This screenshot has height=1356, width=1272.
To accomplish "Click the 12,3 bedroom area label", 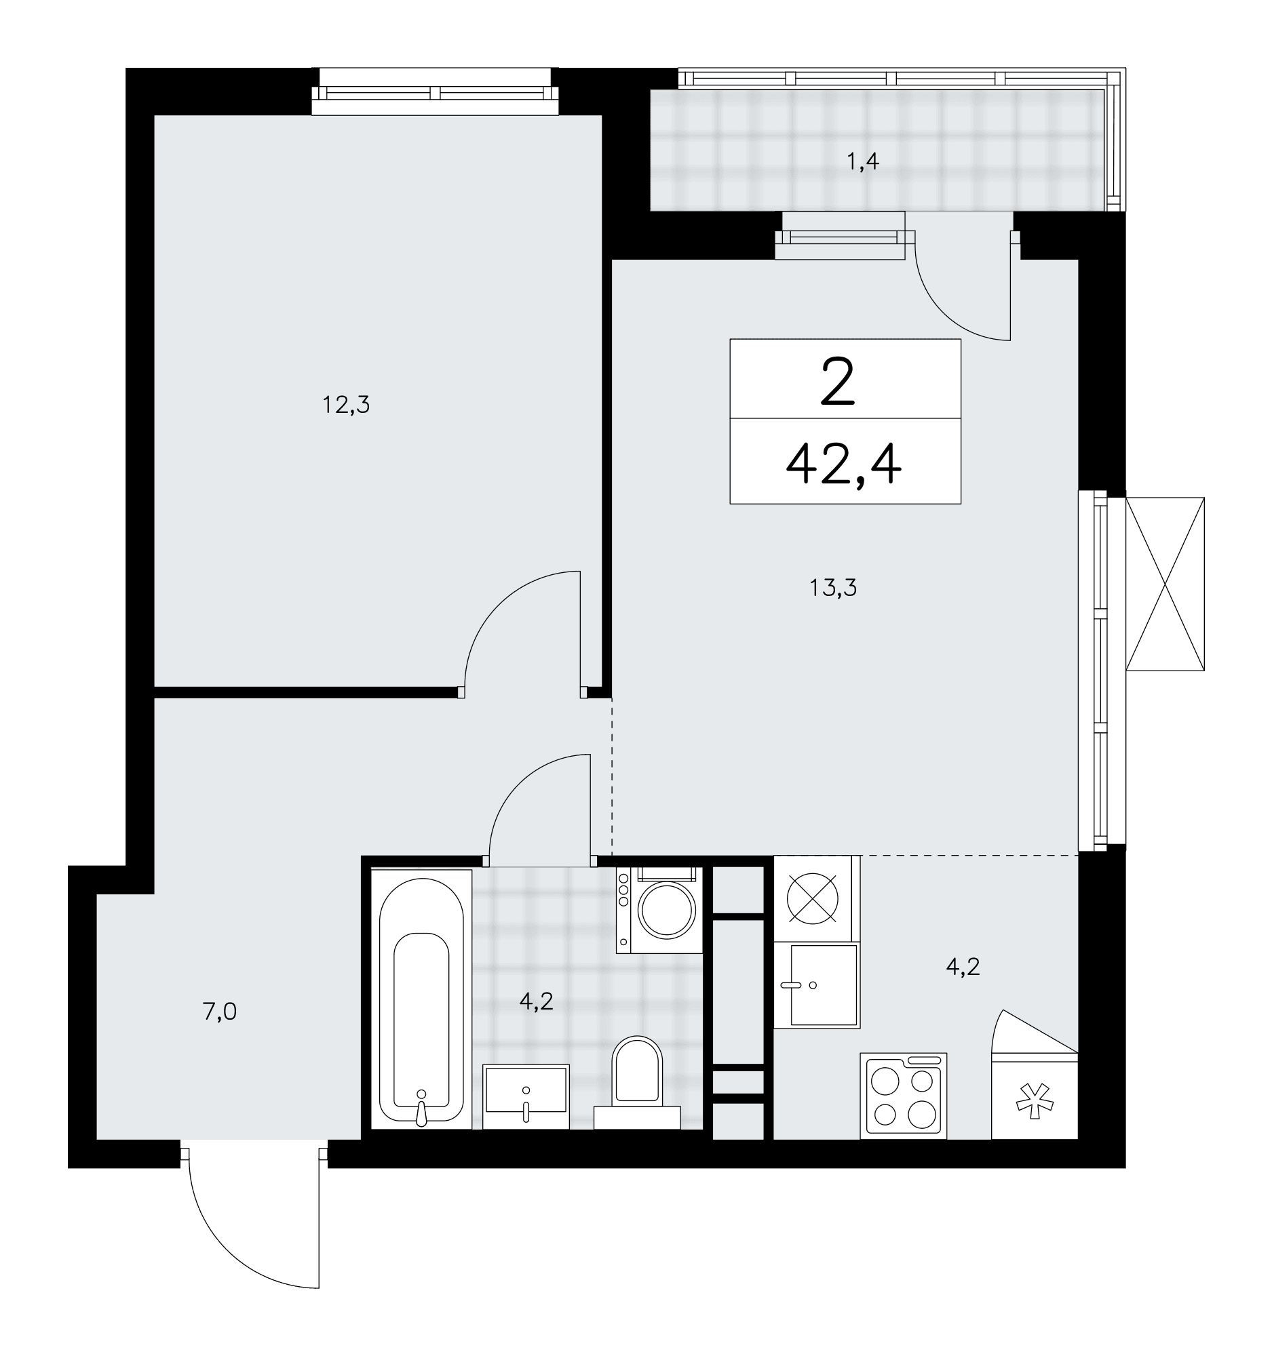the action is tap(346, 406).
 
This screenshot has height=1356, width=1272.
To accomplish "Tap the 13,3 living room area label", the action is tap(833, 587).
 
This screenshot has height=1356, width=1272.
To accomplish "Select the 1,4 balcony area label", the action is tap(862, 162).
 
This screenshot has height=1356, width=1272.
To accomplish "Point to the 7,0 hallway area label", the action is tap(220, 1012).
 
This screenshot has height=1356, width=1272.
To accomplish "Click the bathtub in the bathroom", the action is tap(421, 999).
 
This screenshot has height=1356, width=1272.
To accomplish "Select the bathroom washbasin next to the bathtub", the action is tap(526, 1097).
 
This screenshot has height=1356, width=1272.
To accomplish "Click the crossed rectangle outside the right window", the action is tap(1165, 584).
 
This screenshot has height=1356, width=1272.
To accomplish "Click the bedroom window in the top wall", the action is tap(436, 92).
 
